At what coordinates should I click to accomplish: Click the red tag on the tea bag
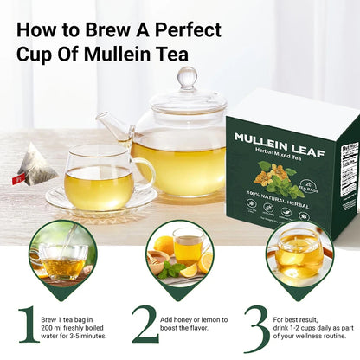[16, 179]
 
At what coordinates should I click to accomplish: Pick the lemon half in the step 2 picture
[204, 262]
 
